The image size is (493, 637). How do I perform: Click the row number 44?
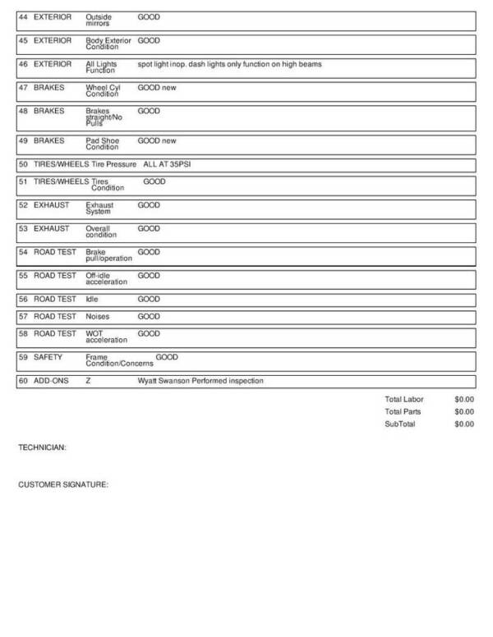point(23,16)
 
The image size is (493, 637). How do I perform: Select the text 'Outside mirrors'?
point(99,20)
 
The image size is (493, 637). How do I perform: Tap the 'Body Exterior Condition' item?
point(108,44)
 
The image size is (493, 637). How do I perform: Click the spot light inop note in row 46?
point(229,64)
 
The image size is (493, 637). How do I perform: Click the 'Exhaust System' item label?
point(100,209)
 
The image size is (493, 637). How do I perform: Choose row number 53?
point(23,228)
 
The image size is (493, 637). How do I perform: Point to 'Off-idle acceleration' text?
point(106,278)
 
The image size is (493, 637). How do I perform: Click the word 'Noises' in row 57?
point(97,316)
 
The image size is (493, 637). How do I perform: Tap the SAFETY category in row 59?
point(48,357)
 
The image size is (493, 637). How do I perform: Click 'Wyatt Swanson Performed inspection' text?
point(200,381)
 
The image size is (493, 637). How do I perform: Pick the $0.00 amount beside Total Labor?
point(463,399)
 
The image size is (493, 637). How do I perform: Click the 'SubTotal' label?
point(400,424)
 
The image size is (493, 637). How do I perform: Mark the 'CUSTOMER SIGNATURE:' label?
point(63,484)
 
